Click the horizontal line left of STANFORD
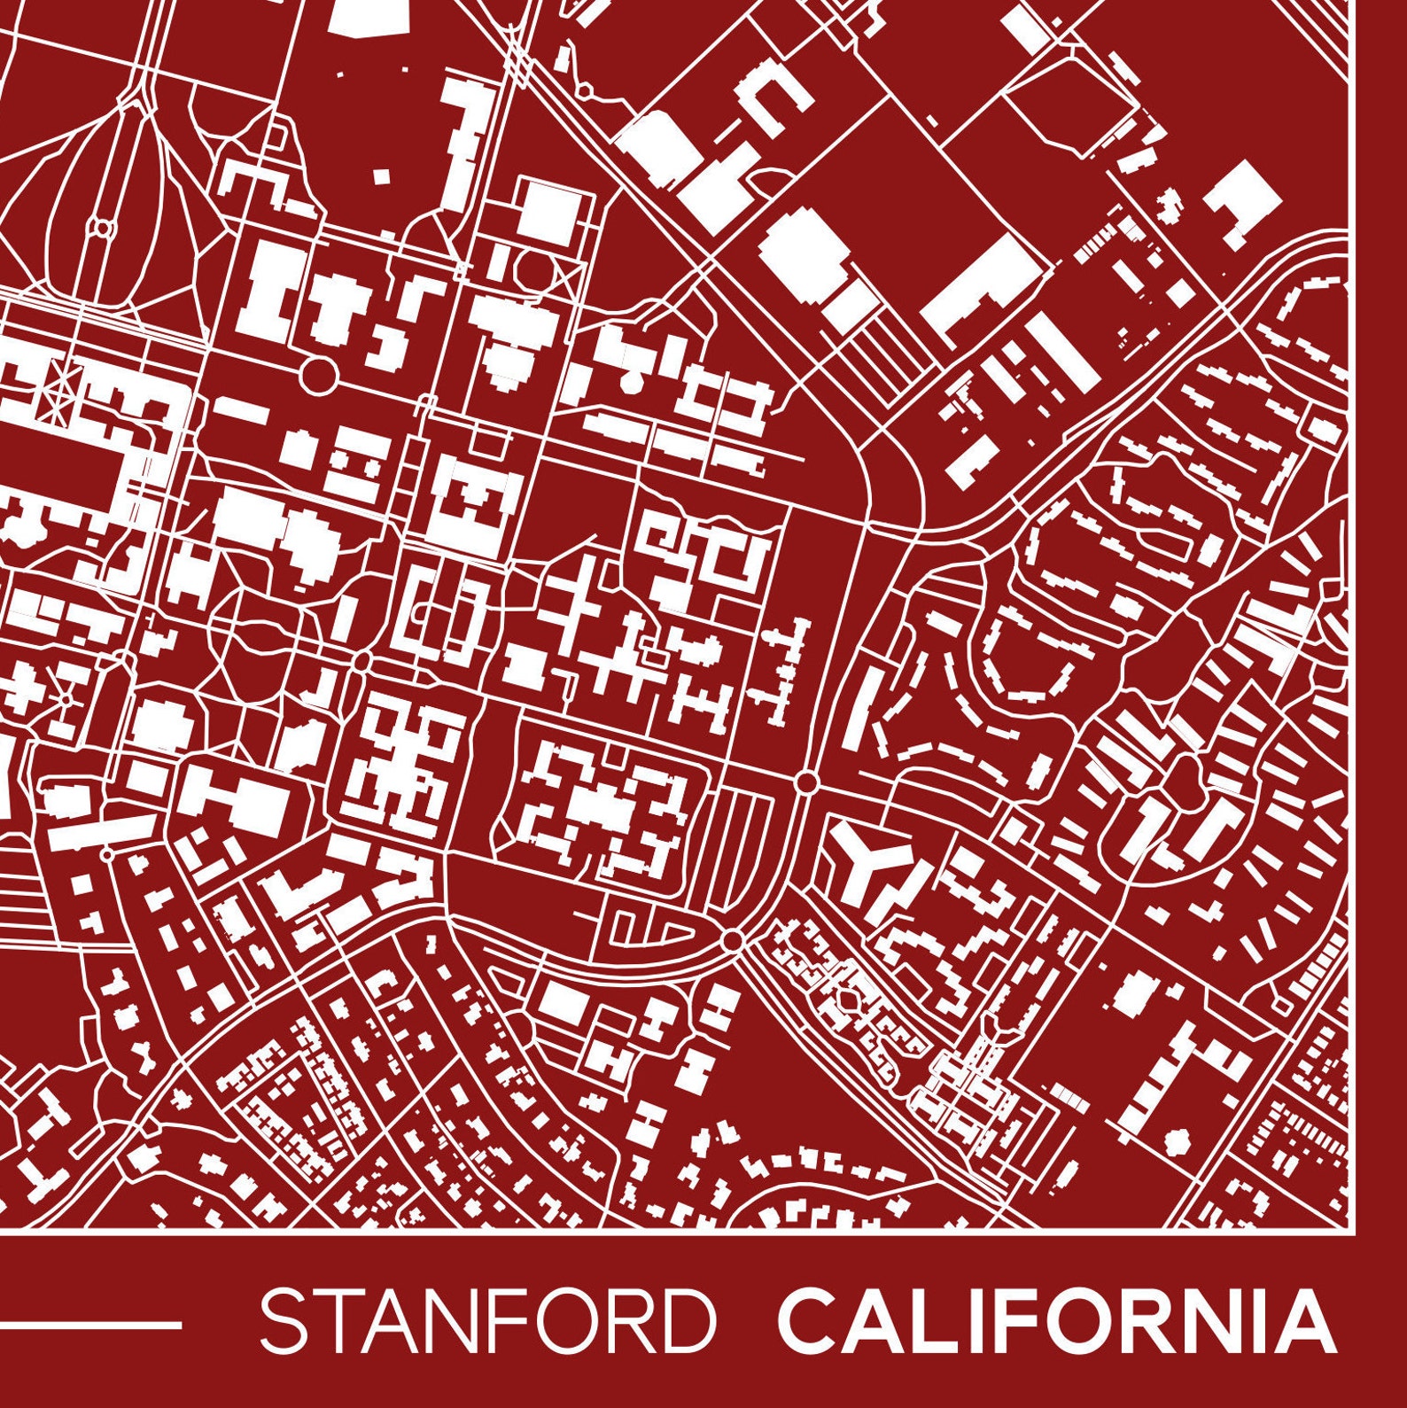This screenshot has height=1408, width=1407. (89, 1326)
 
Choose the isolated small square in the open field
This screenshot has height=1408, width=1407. (381, 176)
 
